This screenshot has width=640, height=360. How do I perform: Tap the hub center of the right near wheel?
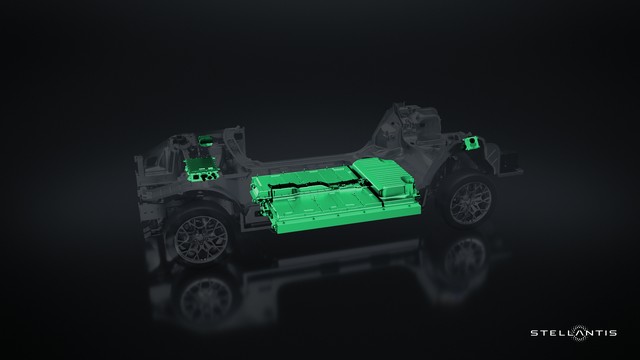(x=470, y=204)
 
